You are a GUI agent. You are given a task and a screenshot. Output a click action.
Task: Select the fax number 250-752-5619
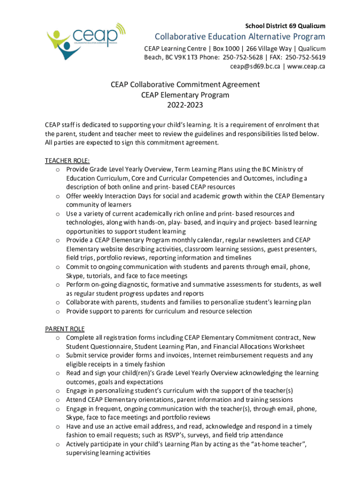tap(305, 58)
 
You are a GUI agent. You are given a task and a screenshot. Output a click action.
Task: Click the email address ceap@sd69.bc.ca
tap(255, 66)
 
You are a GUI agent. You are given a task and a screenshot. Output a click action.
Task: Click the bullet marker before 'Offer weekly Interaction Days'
tap(57, 196)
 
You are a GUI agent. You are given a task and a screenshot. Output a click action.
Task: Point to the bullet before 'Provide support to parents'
tap(57, 312)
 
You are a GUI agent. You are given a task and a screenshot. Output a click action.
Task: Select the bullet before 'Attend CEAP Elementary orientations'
tap(57, 400)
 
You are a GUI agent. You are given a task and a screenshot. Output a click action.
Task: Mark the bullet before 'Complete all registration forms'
tap(57, 338)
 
